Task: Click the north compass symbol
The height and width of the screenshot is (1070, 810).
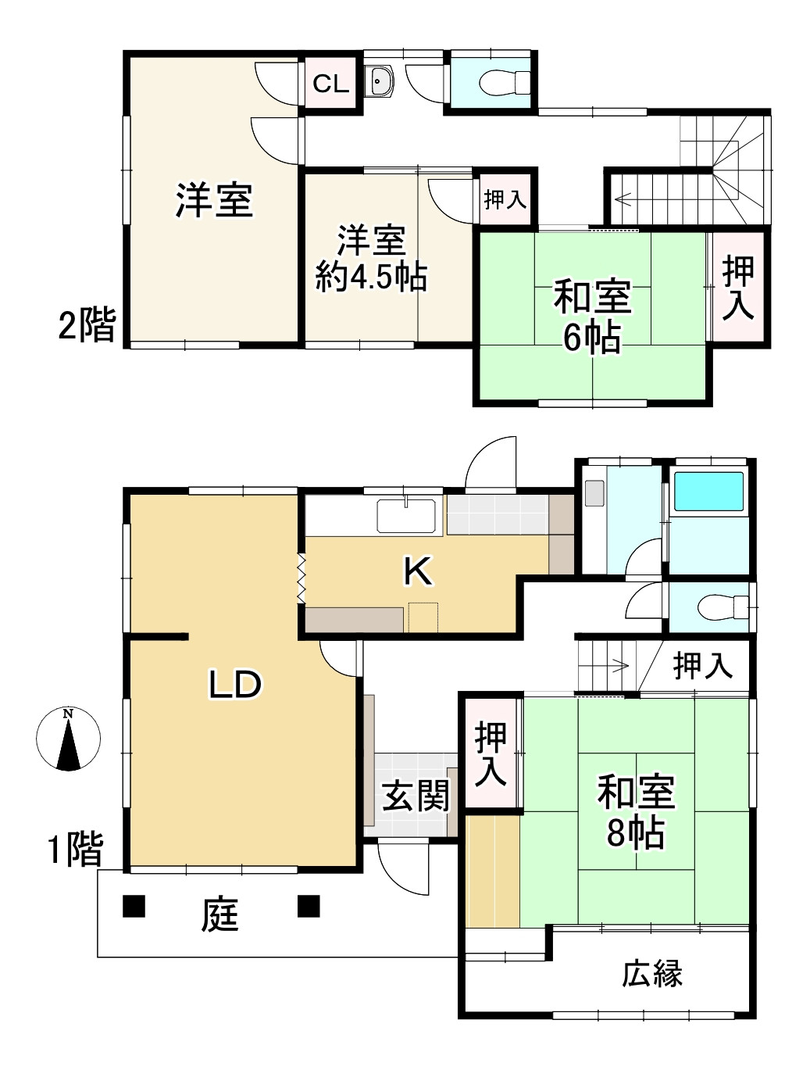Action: tap(69, 739)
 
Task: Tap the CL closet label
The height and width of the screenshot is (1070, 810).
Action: tap(330, 84)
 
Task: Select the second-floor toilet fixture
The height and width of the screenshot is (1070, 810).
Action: tap(501, 81)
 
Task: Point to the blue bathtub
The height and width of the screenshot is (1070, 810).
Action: tap(708, 492)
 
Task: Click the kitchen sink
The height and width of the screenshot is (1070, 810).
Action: tap(406, 515)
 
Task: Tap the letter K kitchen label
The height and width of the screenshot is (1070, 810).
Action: tap(418, 572)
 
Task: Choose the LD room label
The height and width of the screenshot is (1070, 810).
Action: tap(234, 685)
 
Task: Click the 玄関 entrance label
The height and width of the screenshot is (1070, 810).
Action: tap(416, 796)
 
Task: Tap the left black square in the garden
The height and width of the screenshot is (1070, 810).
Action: tap(134, 906)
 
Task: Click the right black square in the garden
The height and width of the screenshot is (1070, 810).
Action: tap(309, 906)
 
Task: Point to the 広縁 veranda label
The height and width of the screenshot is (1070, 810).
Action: tap(652, 974)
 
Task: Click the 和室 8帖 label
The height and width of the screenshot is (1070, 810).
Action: tap(636, 812)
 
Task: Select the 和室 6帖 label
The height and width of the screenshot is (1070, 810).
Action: tap(592, 317)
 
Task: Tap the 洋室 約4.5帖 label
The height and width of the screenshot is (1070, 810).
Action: tap(372, 259)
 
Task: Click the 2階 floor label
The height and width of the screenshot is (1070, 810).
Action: tap(87, 324)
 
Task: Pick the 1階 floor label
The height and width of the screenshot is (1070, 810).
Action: tap(75, 850)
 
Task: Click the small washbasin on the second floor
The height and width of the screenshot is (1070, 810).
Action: tap(380, 81)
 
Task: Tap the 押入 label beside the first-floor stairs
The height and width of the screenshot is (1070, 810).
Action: tap(702, 666)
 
